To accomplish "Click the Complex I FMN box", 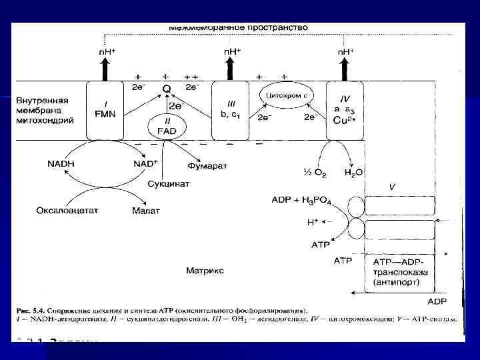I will pos(105,111).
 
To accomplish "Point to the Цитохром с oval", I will pos(286,95).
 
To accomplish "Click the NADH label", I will pos(61,163).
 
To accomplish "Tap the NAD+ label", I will pos(145,163).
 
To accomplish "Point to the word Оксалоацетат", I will pos(67,210).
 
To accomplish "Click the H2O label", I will pos(354,173).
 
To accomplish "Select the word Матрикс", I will pos(205,271).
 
